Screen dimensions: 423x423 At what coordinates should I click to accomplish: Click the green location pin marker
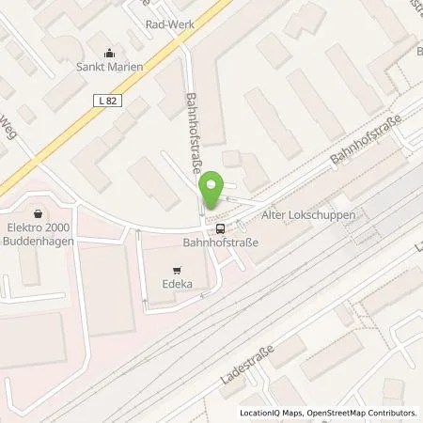pos(214,191)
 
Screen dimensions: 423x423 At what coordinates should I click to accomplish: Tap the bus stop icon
pos(220,227)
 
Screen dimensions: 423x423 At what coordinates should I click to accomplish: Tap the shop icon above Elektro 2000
pos(38,211)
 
